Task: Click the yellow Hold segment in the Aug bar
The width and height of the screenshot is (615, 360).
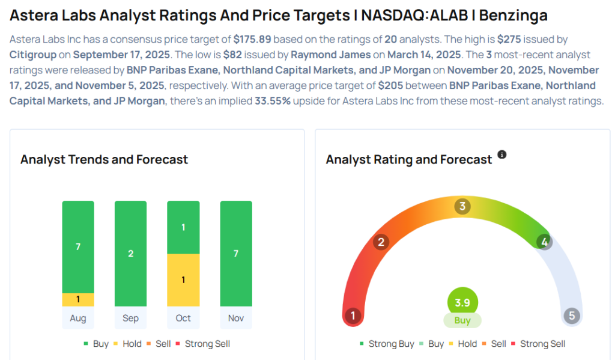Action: point(78,299)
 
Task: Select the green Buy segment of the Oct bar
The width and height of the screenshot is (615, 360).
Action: point(183,227)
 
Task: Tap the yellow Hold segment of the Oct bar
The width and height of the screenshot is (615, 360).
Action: point(183,279)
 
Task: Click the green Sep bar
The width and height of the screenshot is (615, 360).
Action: point(130,253)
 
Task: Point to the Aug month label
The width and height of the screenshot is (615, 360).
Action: point(78,318)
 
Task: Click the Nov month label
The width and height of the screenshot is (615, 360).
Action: point(236,318)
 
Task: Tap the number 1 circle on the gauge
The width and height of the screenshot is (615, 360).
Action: point(353,316)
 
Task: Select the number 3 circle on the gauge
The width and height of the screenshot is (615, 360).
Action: point(462,207)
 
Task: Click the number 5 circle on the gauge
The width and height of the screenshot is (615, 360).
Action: point(572,316)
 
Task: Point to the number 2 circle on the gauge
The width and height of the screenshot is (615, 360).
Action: point(380,242)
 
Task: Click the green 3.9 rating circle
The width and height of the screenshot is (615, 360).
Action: point(462,302)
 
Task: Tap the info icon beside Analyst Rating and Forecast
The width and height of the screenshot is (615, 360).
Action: point(502,154)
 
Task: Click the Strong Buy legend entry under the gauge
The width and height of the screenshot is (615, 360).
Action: point(387,344)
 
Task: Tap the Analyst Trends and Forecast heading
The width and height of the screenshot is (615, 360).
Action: point(104,159)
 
